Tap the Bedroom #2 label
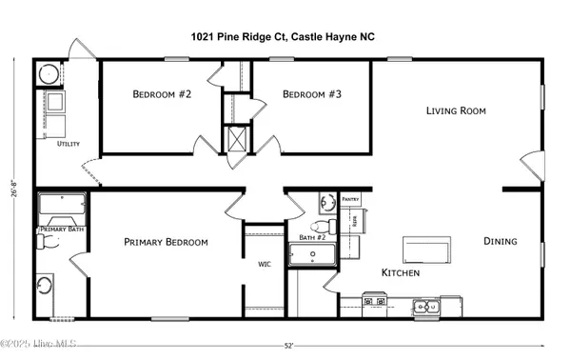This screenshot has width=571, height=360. click(162, 94)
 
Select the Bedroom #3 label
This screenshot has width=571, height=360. click(312, 94)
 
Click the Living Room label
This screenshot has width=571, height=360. click(455, 111)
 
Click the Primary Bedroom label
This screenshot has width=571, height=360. click(166, 243)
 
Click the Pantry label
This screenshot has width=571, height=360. click(350, 201)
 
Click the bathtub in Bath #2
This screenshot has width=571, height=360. click(312, 257)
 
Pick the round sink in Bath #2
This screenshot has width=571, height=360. click(326, 203)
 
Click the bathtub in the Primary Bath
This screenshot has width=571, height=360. click(62, 207)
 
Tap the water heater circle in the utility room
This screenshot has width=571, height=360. click(48, 75)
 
